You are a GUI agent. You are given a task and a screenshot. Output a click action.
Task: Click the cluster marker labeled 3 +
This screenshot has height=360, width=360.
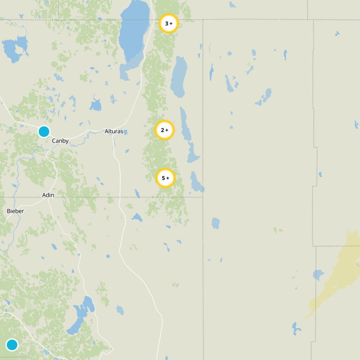pyautogui.click(x=169, y=23)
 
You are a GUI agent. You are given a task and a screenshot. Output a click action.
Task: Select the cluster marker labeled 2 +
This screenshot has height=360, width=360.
pyautogui.click(x=165, y=130)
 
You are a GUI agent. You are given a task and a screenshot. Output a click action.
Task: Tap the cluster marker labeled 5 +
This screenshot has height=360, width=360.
pyautogui.click(x=165, y=178)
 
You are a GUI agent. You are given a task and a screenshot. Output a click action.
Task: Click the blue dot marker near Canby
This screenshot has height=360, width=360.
pyautogui.click(x=44, y=131)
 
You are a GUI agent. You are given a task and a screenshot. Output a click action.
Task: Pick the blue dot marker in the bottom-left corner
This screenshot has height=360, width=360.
pyautogui.click(x=12, y=345)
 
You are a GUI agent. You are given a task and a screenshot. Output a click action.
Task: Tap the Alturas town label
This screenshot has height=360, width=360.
pyautogui.click(x=113, y=131)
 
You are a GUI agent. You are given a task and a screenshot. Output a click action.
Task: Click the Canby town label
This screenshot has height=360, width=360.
pyautogui.click(x=60, y=141)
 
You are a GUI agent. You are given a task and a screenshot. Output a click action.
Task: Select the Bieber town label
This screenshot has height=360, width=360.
pyautogui.click(x=15, y=211)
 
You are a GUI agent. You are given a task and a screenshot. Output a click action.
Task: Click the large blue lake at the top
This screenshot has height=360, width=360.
pyautogui.click(x=134, y=31)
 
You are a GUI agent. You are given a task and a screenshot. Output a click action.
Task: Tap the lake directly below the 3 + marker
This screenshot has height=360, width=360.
pyautogui.click(x=179, y=76)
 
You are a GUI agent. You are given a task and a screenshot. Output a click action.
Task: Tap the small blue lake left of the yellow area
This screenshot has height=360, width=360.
pyautogui.click(x=318, y=274)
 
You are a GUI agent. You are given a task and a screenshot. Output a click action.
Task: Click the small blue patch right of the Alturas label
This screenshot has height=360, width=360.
pyautogui.click(x=126, y=132)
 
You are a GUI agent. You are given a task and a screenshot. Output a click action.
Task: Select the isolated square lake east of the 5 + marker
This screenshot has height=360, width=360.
pyautogui.click(x=216, y=223)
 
